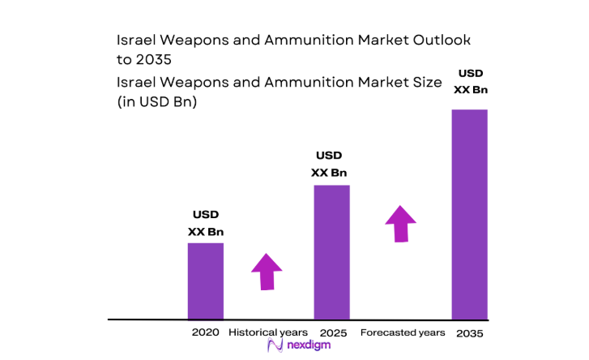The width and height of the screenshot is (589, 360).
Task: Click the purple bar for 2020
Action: (x=206, y=281)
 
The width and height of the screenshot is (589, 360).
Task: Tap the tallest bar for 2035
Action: (x=469, y=214)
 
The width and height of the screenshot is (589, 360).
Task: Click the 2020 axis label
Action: (x=206, y=332)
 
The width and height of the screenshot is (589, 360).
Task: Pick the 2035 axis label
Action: (x=469, y=333)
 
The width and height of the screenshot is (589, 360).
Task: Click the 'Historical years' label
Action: (x=268, y=332)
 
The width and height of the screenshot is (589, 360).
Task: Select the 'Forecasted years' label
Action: (x=402, y=332)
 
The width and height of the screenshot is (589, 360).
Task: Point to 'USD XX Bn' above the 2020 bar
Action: (x=206, y=223)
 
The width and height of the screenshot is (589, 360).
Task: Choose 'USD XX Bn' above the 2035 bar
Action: (x=471, y=81)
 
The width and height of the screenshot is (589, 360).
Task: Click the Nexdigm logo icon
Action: (x=274, y=346)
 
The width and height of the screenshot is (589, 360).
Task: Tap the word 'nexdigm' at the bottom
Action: (x=307, y=346)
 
